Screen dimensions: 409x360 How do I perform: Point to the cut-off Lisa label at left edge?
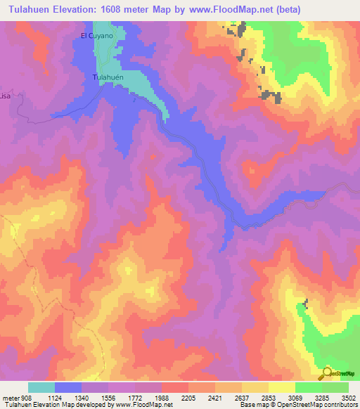pyautogui.click(x=6, y=95)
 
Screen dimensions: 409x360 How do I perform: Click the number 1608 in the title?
pyautogui.click(x=123, y=10)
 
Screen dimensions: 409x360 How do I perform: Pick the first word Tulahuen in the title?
pyautogui.click(x=28, y=10)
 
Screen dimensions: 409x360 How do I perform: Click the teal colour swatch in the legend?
pyautogui.click(x=41, y=387)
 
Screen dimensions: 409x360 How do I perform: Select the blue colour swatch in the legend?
pyautogui.click(x=67, y=387)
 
